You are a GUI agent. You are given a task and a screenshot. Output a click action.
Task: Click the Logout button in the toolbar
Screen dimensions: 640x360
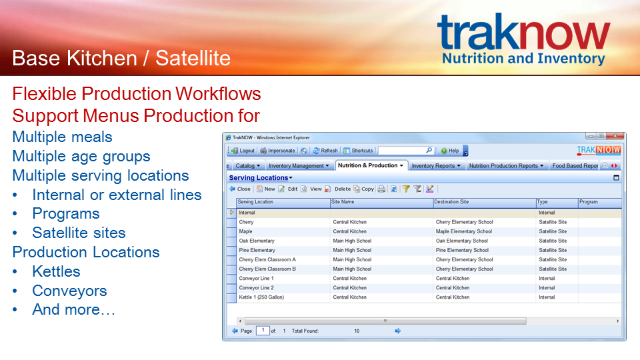243,151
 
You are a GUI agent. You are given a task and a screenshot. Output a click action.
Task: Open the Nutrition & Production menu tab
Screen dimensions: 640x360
371,165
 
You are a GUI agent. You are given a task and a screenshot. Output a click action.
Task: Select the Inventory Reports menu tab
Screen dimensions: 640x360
436,166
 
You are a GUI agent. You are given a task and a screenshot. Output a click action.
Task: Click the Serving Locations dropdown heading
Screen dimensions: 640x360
261,178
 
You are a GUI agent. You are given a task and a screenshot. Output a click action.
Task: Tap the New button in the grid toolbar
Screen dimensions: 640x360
266,189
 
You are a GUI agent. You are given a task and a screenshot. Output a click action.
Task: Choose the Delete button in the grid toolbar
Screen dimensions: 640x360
339,189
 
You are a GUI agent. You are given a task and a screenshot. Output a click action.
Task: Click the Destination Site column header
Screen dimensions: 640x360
451,201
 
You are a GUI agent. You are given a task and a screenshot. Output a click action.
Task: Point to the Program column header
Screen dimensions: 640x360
588,201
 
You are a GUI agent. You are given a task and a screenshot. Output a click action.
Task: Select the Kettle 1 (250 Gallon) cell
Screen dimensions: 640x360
261,297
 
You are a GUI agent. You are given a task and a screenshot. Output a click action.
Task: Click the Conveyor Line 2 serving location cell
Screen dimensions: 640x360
256,288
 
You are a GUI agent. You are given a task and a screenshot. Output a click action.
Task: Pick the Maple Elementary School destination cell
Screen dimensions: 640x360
464,231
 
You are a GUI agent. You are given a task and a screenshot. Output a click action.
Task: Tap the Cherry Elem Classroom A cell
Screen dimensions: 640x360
267,259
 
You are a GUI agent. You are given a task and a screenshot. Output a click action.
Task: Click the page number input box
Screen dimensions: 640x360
263,331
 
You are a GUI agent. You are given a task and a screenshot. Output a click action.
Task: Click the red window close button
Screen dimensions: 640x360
615,136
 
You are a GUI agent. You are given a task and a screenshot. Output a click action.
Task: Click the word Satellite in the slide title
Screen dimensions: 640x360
193,58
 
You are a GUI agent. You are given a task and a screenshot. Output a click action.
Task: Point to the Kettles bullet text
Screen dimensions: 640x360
56,271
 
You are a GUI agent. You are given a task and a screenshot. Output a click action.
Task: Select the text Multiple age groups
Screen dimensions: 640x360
81,156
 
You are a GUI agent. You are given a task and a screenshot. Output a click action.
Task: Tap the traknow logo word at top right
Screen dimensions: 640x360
524,32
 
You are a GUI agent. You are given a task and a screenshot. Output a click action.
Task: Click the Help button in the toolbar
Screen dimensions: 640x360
450,151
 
